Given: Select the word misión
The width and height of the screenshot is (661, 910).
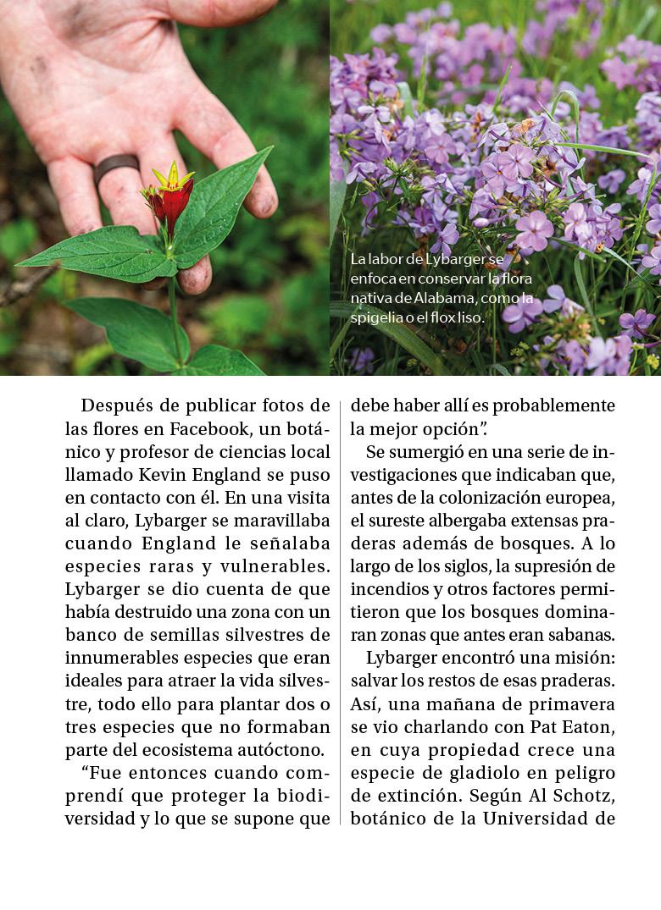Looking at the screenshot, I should (585, 658).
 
